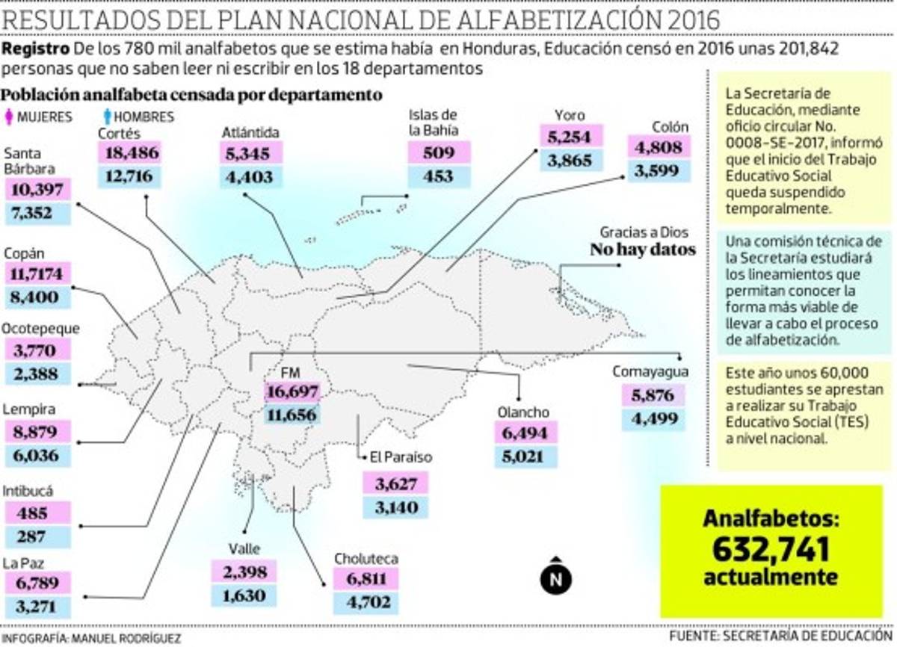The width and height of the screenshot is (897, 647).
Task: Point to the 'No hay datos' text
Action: (x=643, y=250)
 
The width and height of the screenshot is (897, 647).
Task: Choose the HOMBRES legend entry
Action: (x=139, y=117)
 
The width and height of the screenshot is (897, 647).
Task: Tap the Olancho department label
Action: (x=523, y=412)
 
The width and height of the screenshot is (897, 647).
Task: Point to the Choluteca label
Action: (x=366, y=558)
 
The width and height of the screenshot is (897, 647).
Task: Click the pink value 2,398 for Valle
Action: (x=243, y=573)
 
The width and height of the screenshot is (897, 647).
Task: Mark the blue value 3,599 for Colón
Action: (x=659, y=170)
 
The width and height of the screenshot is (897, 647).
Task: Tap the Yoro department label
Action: (x=569, y=116)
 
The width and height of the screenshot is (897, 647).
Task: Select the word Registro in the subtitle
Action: (x=36, y=49)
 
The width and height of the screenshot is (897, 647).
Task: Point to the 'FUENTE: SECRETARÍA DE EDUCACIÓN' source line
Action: (x=781, y=635)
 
